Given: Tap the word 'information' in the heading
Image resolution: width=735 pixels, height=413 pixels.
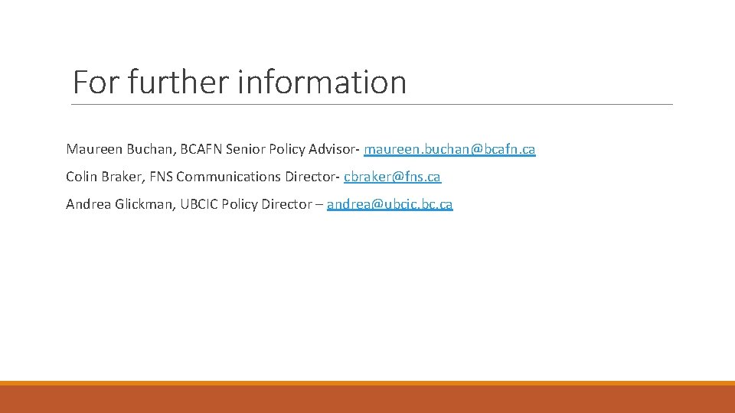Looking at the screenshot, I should pyautogui.click(x=322, y=82).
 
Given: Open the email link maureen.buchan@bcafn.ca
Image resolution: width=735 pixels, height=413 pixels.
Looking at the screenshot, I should pyautogui.click(x=449, y=149).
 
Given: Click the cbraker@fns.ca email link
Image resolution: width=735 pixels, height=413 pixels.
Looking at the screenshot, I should pyautogui.click(x=392, y=177).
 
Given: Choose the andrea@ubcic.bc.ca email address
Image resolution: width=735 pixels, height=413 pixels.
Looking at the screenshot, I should pyautogui.click(x=390, y=204).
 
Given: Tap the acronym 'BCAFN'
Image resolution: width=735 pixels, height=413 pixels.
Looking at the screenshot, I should pyautogui.click(x=201, y=149).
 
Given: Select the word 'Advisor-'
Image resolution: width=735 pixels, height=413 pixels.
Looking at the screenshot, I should pyautogui.click(x=335, y=149).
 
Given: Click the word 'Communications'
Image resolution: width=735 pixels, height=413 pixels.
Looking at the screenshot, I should pyautogui.click(x=228, y=177).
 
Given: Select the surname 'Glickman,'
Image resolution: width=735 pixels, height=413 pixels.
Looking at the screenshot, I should pyautogui.click(x=145, y=204).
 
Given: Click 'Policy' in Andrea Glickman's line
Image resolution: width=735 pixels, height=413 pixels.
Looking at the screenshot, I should pyautogui.click(x=239, y=204).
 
